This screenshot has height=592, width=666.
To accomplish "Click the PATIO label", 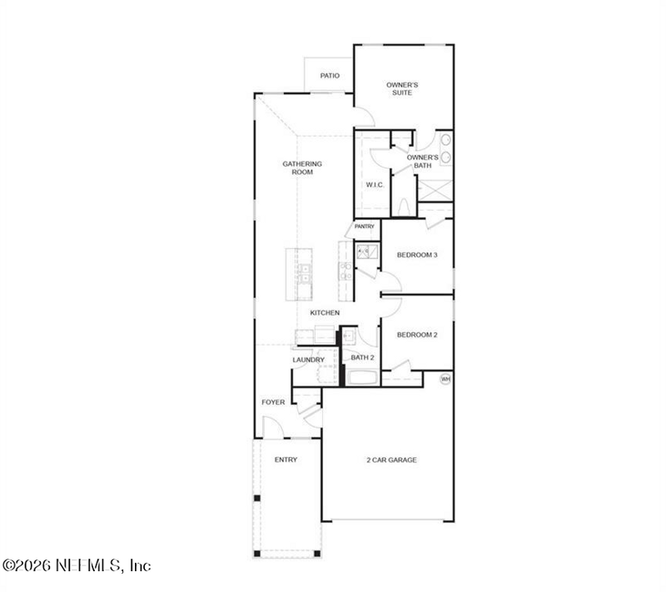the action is pyautogui.click(x=330, y=76).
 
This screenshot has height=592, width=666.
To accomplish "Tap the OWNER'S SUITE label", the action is pyautogui.click(x=402, y=89).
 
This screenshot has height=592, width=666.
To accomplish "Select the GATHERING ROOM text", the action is pyautogui.click(x=302, y=167).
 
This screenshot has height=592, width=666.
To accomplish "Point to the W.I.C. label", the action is pyautogui.click(x=375, y=185).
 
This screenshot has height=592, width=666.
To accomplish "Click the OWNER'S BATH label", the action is pyautogui.click(x=423, y=162).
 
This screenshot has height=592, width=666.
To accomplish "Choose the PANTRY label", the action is pyautogui.click(x=365, y=226).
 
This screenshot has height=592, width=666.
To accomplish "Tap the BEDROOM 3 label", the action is pyautogui.click(x=417, y=255).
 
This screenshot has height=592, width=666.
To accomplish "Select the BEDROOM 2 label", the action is pyautogui.click(x=417, y=335).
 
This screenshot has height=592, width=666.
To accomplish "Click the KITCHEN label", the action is pyautogui.click(x=325, y=312).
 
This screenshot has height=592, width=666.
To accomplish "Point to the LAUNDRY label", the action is pyautogui.click(x=308, y=360).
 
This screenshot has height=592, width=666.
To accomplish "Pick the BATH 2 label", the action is pyautogui.click(x=362, y=357).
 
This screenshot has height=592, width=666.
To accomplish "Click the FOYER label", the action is pyautogui.click(x=273, y=402).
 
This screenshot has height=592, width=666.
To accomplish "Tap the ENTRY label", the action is pyautogui.click(x=286, y=460).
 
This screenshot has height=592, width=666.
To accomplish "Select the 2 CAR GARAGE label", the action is pyautogui.click(x=391, y=460).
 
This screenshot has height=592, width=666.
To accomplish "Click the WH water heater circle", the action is pyautogui.click(x=445, y=379).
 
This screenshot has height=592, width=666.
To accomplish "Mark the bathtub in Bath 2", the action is pyautogui.click(x=362, y=377).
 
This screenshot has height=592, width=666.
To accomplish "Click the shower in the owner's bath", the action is pyautogui.click(x=435, y=190).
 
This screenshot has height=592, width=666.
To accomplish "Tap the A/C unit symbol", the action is pyautogui.click(x=367, y=251).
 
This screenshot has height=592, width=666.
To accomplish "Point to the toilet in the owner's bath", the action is pyautogui.click(x=404, y=207).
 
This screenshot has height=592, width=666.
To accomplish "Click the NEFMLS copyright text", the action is pyautogui.click(x=77, y=565).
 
